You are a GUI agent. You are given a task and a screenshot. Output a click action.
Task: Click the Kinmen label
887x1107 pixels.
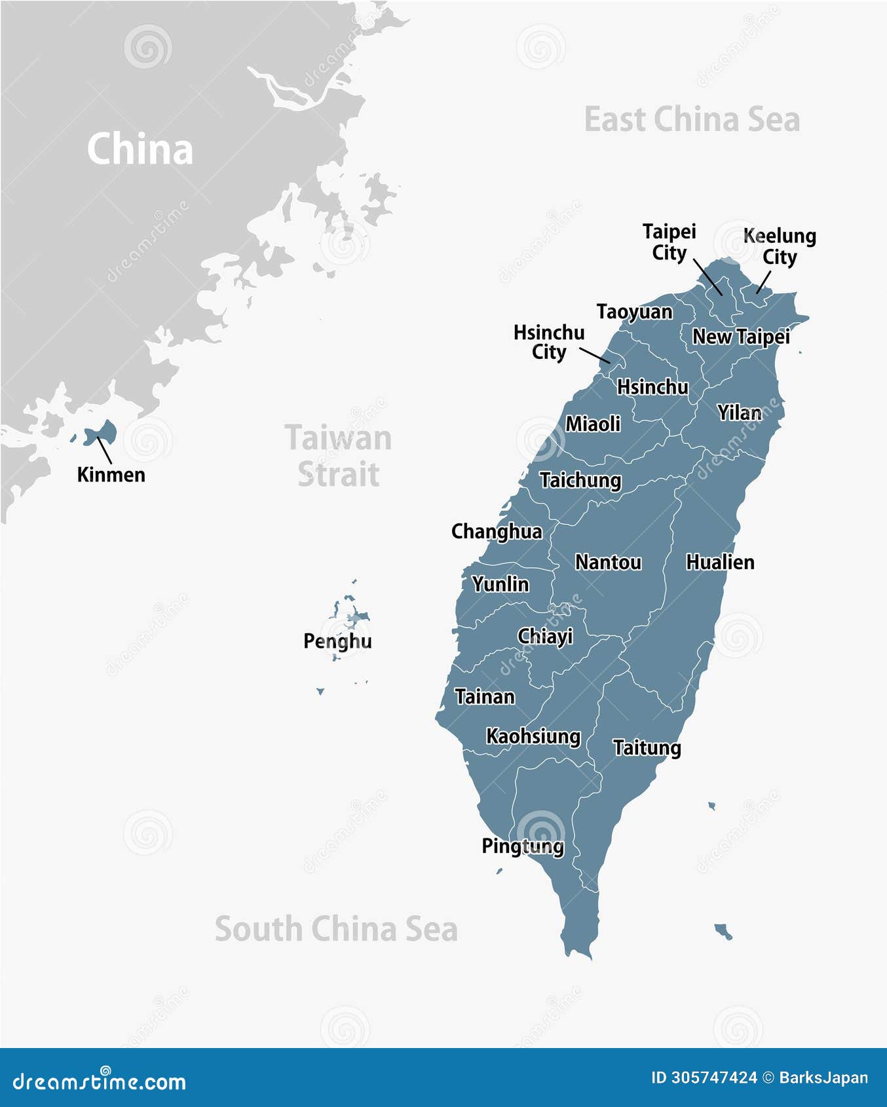111,474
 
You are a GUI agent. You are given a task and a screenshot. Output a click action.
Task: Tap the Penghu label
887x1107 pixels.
337,641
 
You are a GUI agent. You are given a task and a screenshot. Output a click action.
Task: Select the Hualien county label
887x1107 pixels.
720,562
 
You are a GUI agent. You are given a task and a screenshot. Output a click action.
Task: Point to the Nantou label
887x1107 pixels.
608,562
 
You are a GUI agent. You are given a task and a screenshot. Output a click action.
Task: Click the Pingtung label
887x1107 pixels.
522,846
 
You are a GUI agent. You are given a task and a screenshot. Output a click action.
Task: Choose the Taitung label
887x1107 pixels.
647,747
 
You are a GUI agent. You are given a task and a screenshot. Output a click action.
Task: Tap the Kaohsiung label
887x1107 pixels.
533,736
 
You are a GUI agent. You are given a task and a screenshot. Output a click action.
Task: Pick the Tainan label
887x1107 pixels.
485,696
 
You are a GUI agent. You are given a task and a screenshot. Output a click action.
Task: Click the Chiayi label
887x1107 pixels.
545,636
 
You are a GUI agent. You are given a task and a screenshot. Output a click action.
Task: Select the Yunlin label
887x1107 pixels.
500,584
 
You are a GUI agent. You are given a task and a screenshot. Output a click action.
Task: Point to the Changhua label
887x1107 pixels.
497,531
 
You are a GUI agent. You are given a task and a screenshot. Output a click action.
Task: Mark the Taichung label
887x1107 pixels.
580,480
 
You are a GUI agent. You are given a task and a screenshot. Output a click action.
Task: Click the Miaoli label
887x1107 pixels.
593,424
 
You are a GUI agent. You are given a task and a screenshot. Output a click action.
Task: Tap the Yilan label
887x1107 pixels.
740,413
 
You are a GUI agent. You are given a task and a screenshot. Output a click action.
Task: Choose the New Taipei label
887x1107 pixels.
741,337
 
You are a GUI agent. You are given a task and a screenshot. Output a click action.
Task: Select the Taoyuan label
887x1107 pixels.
634,312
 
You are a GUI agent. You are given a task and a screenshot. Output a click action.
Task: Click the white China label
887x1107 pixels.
140,149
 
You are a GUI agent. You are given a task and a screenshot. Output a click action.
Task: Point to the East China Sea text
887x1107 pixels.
692,120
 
